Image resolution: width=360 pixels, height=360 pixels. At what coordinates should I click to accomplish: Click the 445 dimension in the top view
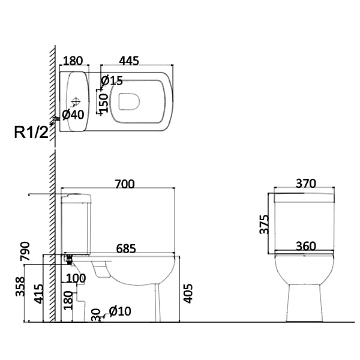[130, 61]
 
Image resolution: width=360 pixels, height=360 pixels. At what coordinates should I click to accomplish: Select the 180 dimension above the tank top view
[73, 61]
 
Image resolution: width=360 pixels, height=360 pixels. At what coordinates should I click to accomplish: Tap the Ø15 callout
[112, 80]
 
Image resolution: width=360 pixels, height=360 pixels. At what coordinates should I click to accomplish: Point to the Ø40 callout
[73, 115]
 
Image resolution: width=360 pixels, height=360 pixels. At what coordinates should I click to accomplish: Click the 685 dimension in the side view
[127, 247]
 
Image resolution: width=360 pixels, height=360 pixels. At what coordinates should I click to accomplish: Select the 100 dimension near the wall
[76, 278]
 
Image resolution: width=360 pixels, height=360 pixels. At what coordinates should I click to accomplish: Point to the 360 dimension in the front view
[306, 247]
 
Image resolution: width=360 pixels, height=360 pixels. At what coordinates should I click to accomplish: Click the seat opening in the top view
[128, 102]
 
